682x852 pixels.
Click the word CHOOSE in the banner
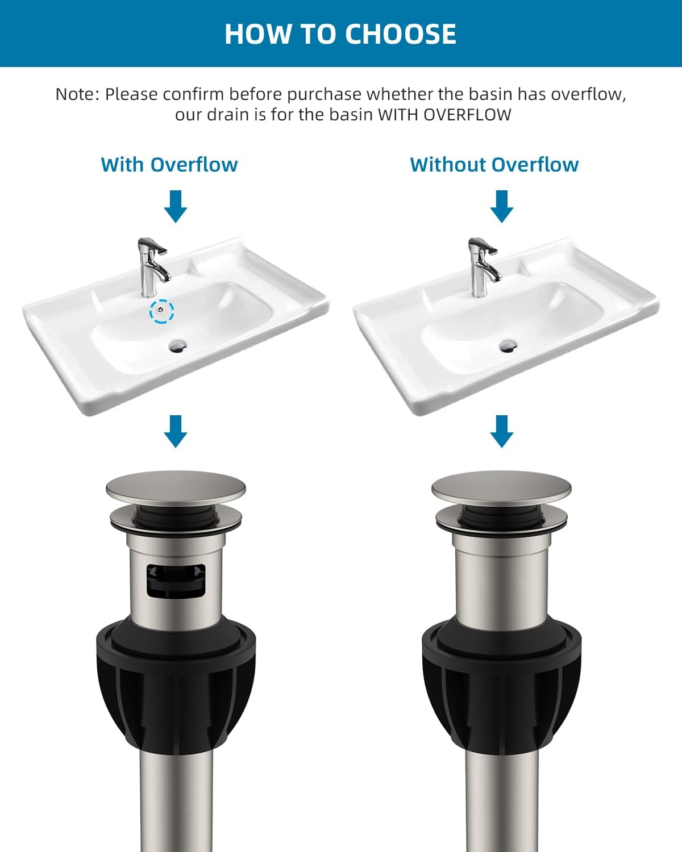coord(400,34)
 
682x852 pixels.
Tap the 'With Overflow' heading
coord(169,165)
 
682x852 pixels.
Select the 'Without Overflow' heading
coord(494,165)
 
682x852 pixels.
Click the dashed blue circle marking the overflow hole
coord(162,311)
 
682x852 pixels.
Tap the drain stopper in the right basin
coord(508,344)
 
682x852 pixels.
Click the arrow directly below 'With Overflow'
coord(176,207)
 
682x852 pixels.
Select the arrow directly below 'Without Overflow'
coord(501,207)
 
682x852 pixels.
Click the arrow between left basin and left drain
coord(176,431)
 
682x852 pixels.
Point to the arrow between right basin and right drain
coord(501,431)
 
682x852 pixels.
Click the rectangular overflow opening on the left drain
coord(176,580)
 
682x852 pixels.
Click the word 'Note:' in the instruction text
coord(77,94)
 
